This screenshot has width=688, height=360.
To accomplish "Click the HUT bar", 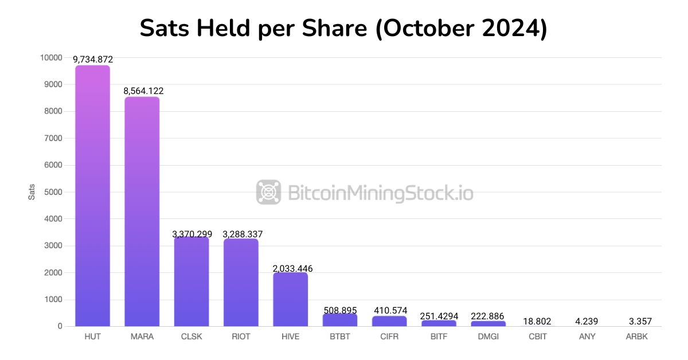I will (x=92, y=195).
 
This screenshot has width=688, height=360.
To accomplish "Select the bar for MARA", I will (x=142, y=212).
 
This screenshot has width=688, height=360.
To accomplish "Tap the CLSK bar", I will (x=191, y=281).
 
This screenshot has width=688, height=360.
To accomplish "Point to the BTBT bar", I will (x=340, y=320).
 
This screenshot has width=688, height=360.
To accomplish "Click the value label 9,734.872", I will (x=92, y=59).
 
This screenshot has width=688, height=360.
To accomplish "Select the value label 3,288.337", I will (x=241, y=234).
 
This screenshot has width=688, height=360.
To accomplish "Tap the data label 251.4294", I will (x=439, y=316).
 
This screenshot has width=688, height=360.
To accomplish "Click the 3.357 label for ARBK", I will (x=636, y=322).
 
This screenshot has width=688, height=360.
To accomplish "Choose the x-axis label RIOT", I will (x=241, y=336).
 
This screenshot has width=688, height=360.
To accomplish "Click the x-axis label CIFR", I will (x=389, y=336).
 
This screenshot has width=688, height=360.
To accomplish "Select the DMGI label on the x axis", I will (x=488, y=336).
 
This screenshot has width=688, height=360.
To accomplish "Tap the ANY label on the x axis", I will (x=587, y=336).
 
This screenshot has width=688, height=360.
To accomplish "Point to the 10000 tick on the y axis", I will (x=51, y=58).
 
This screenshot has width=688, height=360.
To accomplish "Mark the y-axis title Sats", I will (x=32, y=192).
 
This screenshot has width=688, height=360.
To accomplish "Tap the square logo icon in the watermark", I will (x=268, y=192).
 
